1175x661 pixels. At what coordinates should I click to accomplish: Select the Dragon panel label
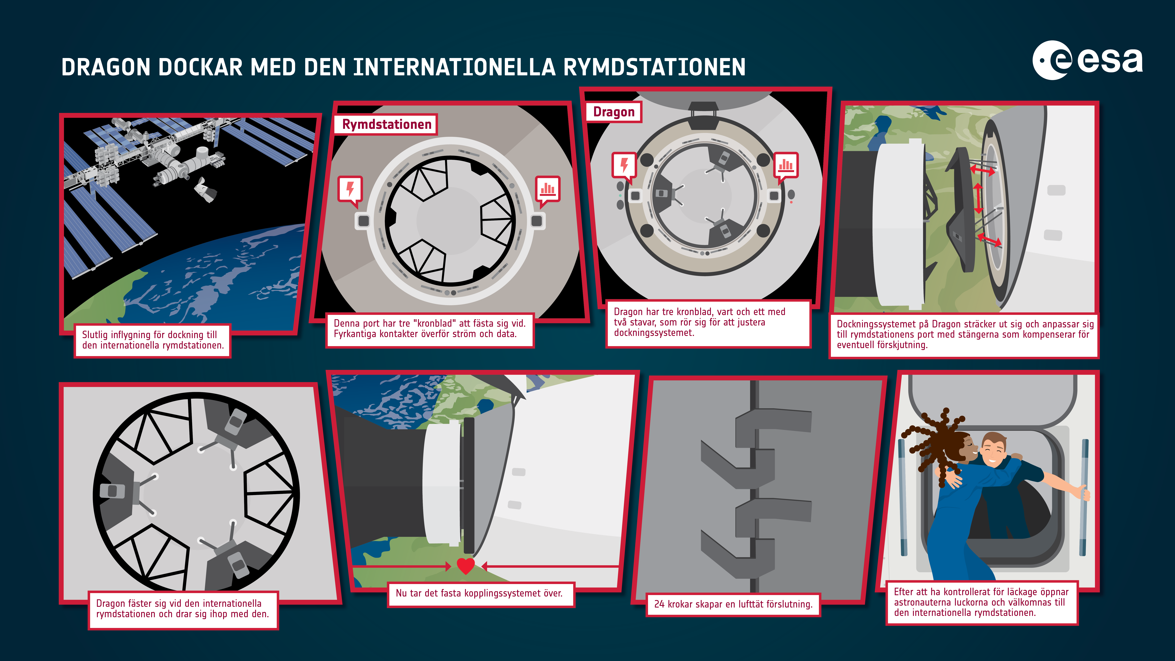pos(613,112)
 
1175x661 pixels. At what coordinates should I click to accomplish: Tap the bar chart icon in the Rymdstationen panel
pos(547,189)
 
